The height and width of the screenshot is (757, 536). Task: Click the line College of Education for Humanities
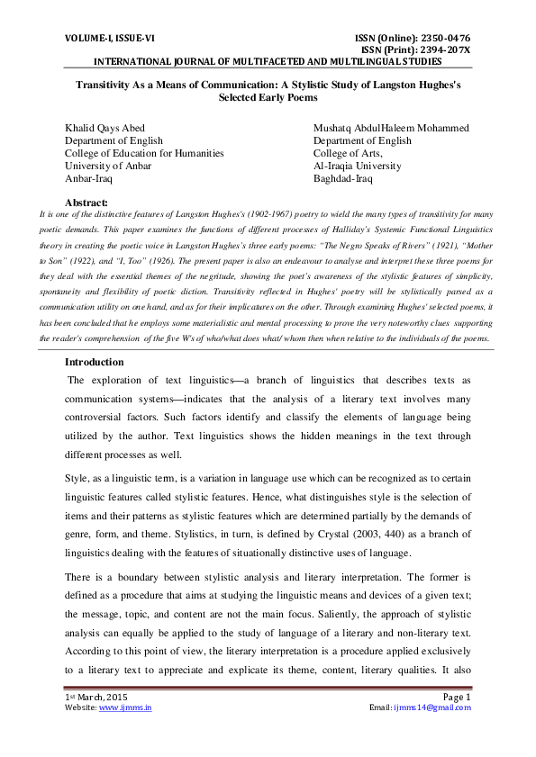[143, 153]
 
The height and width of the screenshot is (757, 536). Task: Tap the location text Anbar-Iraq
[88, 178]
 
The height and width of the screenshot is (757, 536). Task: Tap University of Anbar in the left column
[108, 166]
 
